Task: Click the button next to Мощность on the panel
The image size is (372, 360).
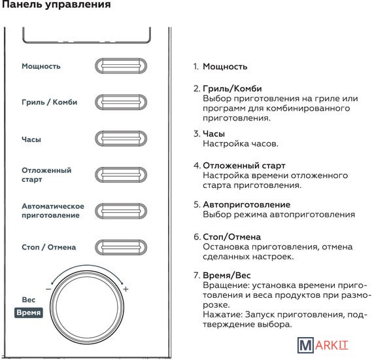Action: point(121,65)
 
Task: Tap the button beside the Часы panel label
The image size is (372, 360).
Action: point(121,139)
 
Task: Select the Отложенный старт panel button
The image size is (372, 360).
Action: point(121,175)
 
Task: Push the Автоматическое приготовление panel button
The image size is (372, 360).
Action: point(121,211)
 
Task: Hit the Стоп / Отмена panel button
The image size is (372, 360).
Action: point(121,247)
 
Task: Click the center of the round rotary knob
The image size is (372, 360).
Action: point(87,307)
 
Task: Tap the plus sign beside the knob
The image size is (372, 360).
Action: point(126,289)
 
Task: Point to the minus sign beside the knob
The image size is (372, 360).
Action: point(48,289)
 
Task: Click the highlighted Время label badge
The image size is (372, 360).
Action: point(29,312)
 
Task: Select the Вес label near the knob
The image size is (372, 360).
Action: point(29,300)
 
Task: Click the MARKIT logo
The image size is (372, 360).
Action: point(323,346)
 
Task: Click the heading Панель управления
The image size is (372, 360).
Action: point(56,5)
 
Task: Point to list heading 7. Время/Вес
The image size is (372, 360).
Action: point(222,275)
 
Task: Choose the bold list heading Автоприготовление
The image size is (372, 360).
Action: point(246,204)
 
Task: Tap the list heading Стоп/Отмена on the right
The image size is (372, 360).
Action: point(232,237)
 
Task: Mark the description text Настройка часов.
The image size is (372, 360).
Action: point(241,143)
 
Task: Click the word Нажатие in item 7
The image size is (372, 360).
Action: point(223,315)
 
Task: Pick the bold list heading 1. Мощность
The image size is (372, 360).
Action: point(220,67)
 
